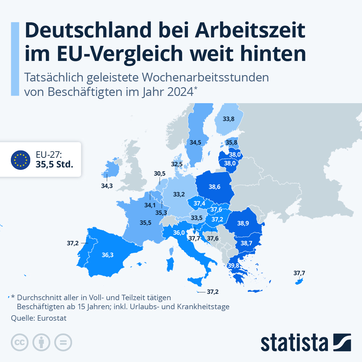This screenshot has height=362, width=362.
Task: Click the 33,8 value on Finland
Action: click(228, 119)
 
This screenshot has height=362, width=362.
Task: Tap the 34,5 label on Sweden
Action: click(195, 142)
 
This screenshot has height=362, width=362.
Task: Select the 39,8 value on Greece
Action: click(233, 265)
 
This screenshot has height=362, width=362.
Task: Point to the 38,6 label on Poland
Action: click(214, 187)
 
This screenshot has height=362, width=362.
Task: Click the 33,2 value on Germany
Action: click(179, 194)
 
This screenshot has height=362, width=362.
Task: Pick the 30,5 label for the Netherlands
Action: click(160, 173)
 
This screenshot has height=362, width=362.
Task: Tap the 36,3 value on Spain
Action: click(107, 255)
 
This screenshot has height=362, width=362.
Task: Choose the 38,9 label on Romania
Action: click(243, 223)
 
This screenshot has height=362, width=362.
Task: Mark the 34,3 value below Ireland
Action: click(107, 186)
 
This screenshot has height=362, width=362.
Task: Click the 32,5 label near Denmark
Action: click(177, 164)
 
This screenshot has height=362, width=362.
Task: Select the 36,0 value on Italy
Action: click(179, 233)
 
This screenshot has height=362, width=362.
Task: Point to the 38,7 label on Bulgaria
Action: click(246, 243)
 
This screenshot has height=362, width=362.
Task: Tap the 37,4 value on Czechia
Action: click(199, 204)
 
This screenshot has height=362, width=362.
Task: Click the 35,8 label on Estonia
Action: click(231, 142)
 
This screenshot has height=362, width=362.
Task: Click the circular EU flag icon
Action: click(21, 160)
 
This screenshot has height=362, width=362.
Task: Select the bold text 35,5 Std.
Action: click(55, 164)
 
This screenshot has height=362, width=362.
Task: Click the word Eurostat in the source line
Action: click(52, 318)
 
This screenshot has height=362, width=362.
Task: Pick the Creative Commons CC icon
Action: click(20, 342)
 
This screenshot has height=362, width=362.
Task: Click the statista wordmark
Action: click(294, 343)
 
